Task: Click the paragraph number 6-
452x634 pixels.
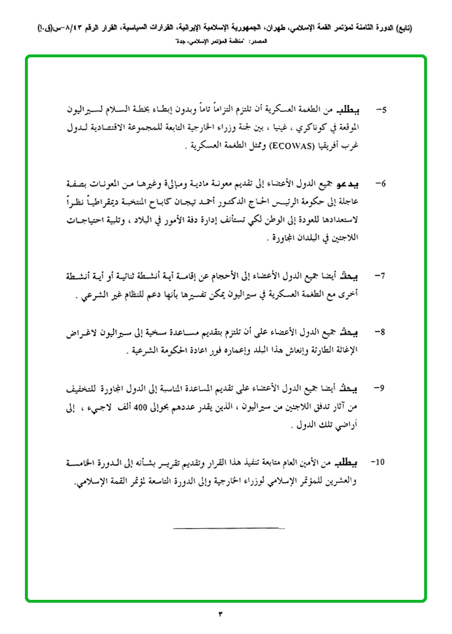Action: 381,184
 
